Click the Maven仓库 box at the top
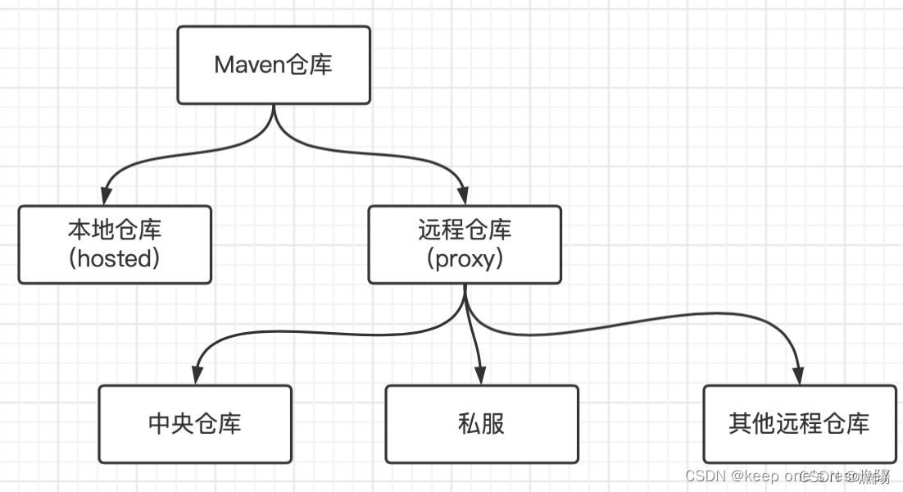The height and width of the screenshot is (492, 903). tap(273, 65)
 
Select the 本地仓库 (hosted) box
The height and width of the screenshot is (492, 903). tap(115, 244)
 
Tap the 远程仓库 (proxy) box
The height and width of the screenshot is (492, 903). tap(465, 244)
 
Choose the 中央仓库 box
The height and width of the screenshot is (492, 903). tap(195, 423)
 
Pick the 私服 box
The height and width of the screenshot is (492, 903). tap(481, 423)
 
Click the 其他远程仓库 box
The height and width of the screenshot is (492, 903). tap(799, 423)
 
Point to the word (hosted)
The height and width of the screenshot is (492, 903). tap(115, 259)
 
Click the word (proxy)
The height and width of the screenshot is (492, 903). tap(465, 259)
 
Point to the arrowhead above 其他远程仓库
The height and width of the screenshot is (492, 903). tap(798, 376)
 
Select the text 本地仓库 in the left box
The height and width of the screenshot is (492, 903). tap(115, 230)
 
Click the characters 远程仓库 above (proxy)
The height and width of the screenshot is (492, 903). tap(465, 230)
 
